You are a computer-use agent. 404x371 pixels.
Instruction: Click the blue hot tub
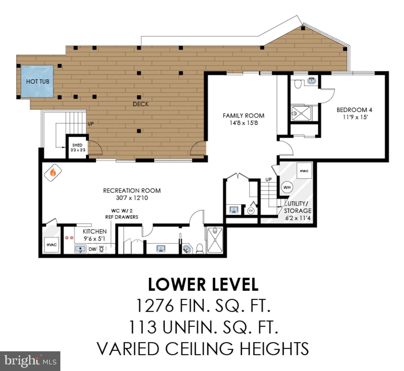click(x=37, y=81)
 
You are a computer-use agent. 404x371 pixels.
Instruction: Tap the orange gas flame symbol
click(x=53, y=173)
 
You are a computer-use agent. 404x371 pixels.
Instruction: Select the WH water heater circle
click(x=287, y=187)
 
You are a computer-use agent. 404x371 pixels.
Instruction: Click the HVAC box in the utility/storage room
click(x=304, y=171)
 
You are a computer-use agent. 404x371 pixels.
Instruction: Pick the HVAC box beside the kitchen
click(x=52, y=244)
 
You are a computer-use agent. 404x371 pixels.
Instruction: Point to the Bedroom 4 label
click(x=354, y=110)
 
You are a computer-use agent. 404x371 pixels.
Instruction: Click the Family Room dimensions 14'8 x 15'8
click(x=243, y=123)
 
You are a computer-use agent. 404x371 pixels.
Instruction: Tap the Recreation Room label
click(x=132, y=190)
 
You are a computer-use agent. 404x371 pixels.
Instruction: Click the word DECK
click(x=141, y=104)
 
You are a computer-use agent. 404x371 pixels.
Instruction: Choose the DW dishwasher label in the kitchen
click(x=92, y=249)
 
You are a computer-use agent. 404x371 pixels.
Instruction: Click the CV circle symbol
click(x=251, y=211)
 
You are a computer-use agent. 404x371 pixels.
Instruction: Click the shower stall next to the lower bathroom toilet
click(x=215, y=240)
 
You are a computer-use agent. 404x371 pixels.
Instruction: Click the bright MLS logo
click(x=30, y=361)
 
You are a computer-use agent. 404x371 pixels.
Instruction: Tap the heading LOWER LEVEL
click(x=203, y=284)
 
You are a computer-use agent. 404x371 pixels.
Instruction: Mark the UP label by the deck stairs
click(x=90, y=124)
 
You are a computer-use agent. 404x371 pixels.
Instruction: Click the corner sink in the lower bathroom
click(x=187, y=249)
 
